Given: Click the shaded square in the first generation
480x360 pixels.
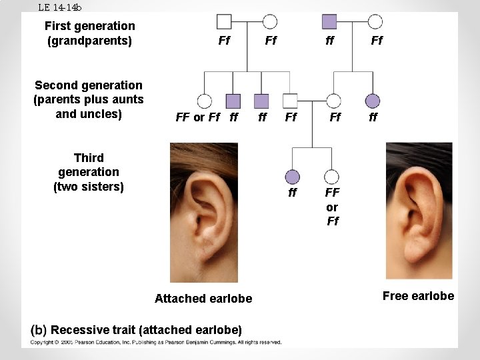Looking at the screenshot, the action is [329, 22].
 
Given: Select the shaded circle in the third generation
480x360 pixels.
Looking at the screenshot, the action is [293, 177].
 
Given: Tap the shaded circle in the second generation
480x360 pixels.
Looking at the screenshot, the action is [373, 101].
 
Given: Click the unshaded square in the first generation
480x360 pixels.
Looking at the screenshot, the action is [224, 22].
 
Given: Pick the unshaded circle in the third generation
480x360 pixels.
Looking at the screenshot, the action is [331, 177].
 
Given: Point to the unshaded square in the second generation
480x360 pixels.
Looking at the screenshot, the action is [290, 101].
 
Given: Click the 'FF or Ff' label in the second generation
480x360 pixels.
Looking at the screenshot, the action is [198, 117].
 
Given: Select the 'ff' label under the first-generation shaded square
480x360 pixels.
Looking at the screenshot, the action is [330, 41].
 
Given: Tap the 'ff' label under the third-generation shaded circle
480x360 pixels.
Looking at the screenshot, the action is [293, 192].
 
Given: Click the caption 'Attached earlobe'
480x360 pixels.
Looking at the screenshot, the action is [203, 299].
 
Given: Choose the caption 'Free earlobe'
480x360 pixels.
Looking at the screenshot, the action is [419, 296].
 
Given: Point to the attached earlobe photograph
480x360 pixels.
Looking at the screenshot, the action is [204, 213].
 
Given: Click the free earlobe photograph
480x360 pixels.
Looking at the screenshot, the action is [419, 211].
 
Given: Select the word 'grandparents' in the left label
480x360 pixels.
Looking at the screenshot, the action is [90, 41].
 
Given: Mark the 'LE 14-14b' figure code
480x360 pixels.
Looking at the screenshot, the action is [60, 7].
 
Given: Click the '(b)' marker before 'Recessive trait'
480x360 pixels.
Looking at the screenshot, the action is [39, 330].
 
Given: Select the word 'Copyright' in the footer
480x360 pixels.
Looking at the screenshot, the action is [41, 342].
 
